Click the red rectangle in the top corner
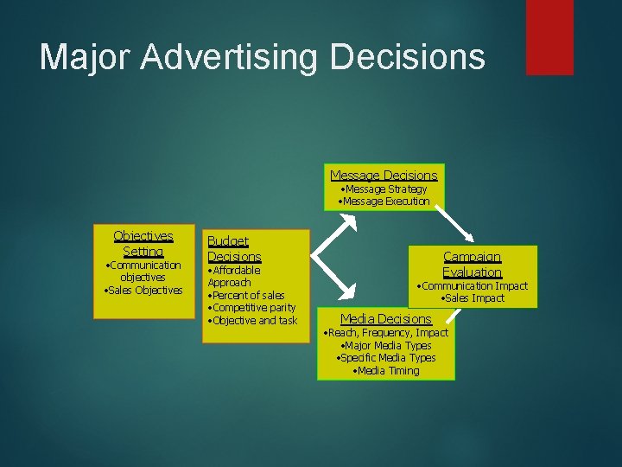[x=549, y=36]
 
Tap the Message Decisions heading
[x=384, y=176]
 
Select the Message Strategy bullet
[x=384, y=189]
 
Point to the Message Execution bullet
[x=384, y=201]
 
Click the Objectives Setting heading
[x=143, y=243]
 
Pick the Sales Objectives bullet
[x=143, y=290]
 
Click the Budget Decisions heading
[x=233, y=249]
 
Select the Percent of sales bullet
[x=246, y=295]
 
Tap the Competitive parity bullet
[x=251, y=307]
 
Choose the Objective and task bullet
[x=252, y=320]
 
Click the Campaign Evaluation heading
[x=472, y=264]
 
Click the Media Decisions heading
[x=385, y=319]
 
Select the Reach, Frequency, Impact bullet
[x=385, y=332]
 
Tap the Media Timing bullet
[x=386, y=370]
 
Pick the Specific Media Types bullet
[x=385, y=357]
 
